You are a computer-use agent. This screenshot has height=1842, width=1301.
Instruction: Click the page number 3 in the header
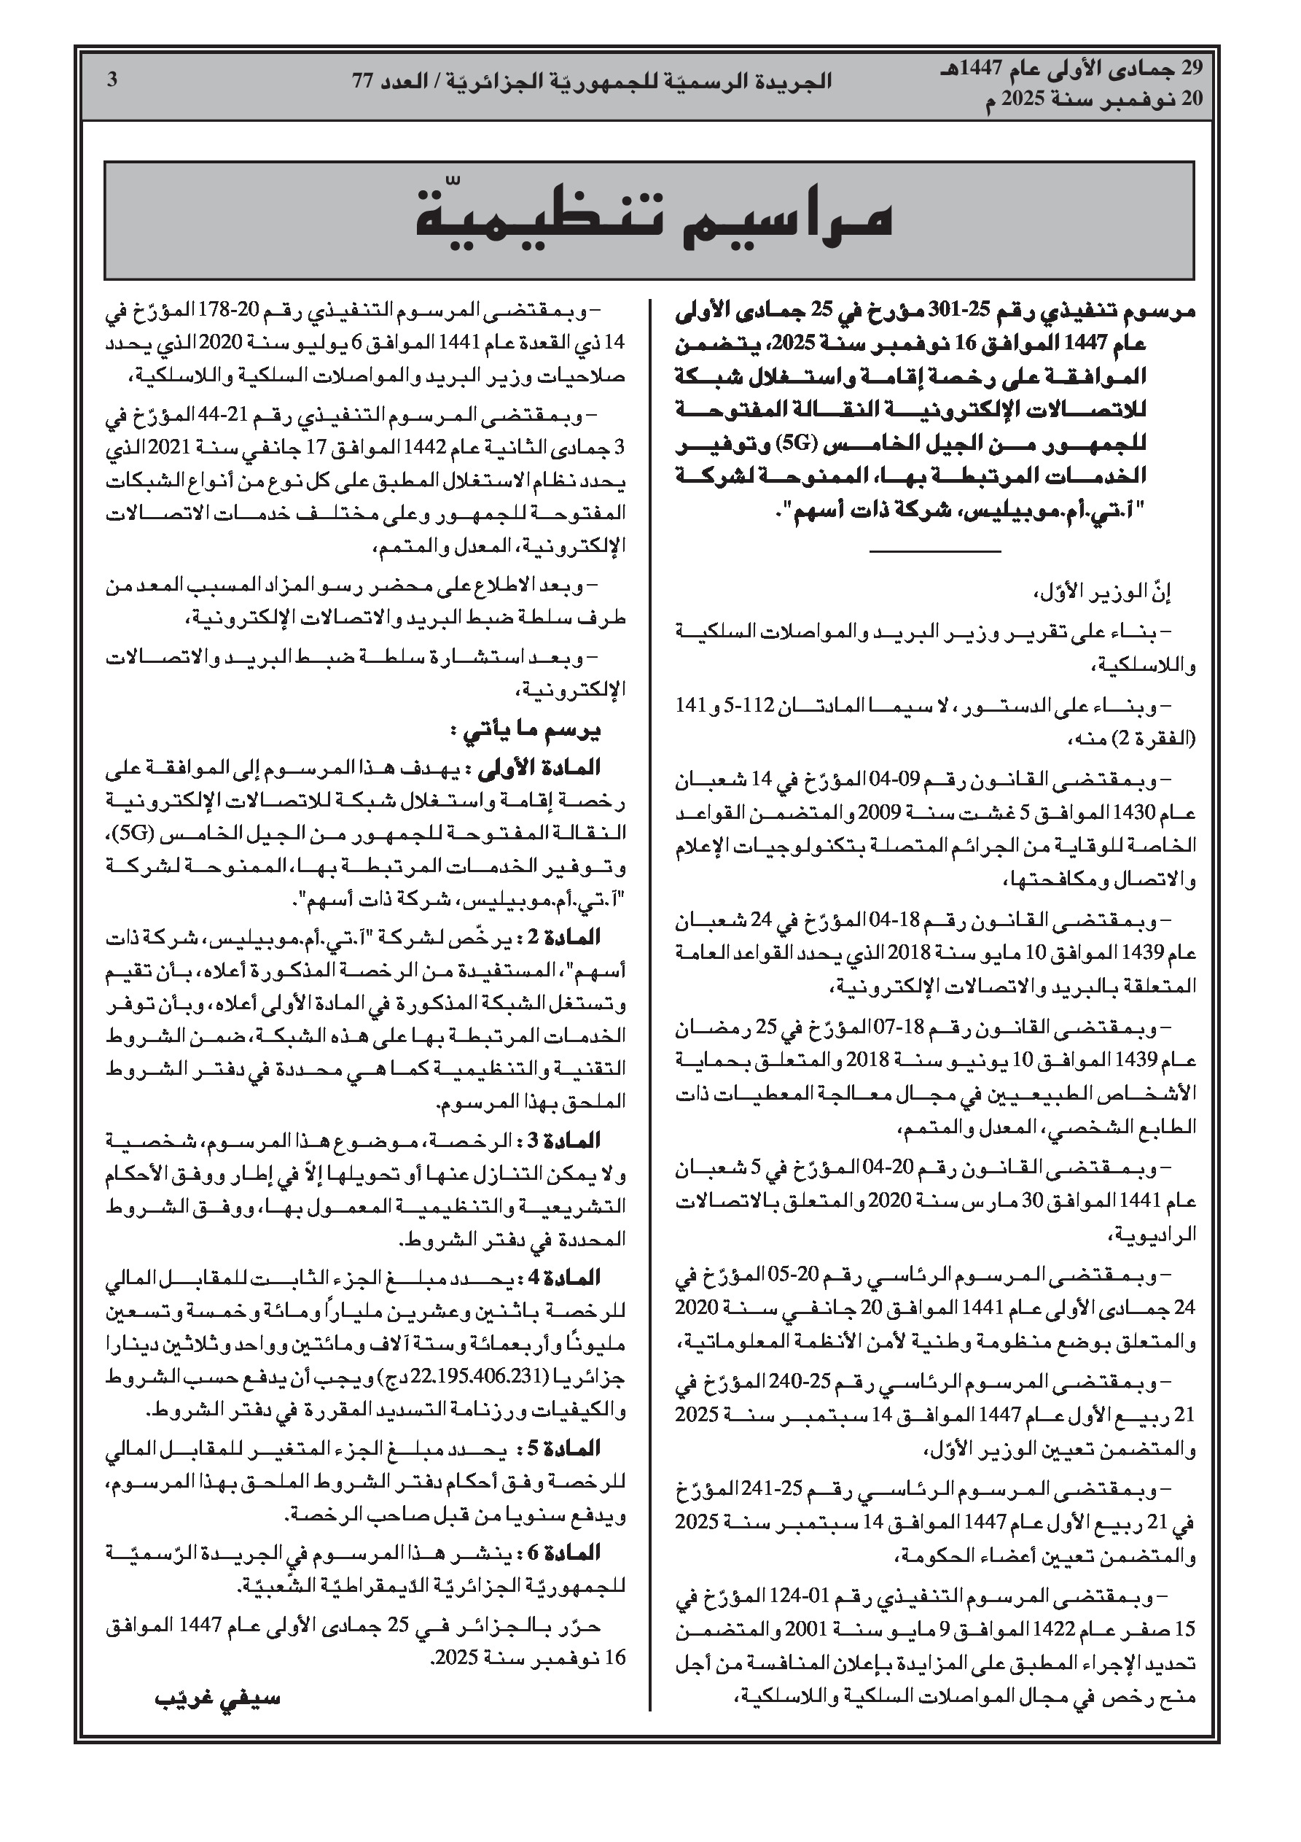pos(112,79)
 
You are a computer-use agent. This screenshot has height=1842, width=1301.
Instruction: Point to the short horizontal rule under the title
pos(934,551)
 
